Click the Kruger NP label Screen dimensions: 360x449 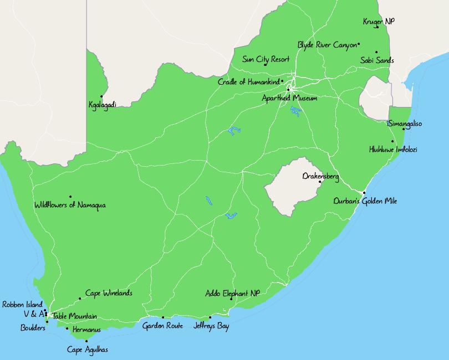coord(379,22)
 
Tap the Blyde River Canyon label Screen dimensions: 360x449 coord(327,45)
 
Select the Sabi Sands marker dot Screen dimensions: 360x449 coord(376,53)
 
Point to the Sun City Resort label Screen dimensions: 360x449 coord(266,59)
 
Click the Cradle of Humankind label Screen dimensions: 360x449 coord(248,82)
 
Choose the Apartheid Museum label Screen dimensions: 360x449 coord(289,98)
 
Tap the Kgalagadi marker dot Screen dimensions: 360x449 coord(101,96)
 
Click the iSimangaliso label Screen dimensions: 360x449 coord(404,124)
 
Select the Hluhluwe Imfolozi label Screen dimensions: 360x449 coord(393,150)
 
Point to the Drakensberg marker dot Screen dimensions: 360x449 coord(320,182)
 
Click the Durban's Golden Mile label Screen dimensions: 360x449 coord(365,201)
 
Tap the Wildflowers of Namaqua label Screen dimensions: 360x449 coord(70,205)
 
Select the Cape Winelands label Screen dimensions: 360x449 coord(109,293)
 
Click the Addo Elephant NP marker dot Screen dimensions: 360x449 coord(231,299)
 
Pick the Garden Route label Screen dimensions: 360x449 coord(162,326)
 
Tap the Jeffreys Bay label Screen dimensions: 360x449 coord(211,326)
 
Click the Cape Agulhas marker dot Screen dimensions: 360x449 coord(86,341)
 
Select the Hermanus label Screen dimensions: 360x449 coord(86,330)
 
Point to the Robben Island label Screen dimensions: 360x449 coord(22,304)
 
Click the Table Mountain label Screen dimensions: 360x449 coord(74,316)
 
